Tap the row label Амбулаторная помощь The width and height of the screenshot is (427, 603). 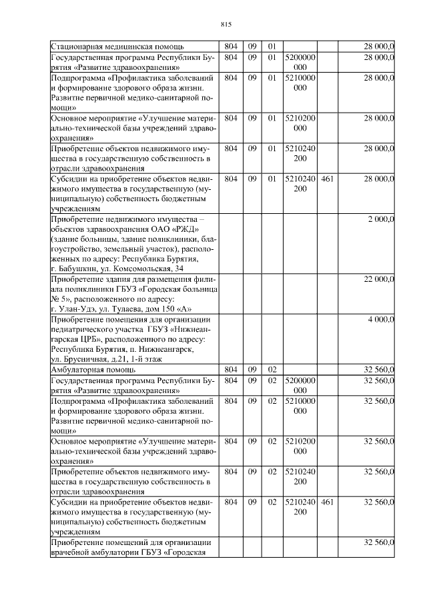pos(94,368)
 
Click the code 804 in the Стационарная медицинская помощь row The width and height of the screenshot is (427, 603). pos(231,47)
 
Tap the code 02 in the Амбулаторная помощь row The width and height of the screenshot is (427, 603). pos(272,368)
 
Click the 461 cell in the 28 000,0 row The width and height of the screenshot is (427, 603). pos(327,179)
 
